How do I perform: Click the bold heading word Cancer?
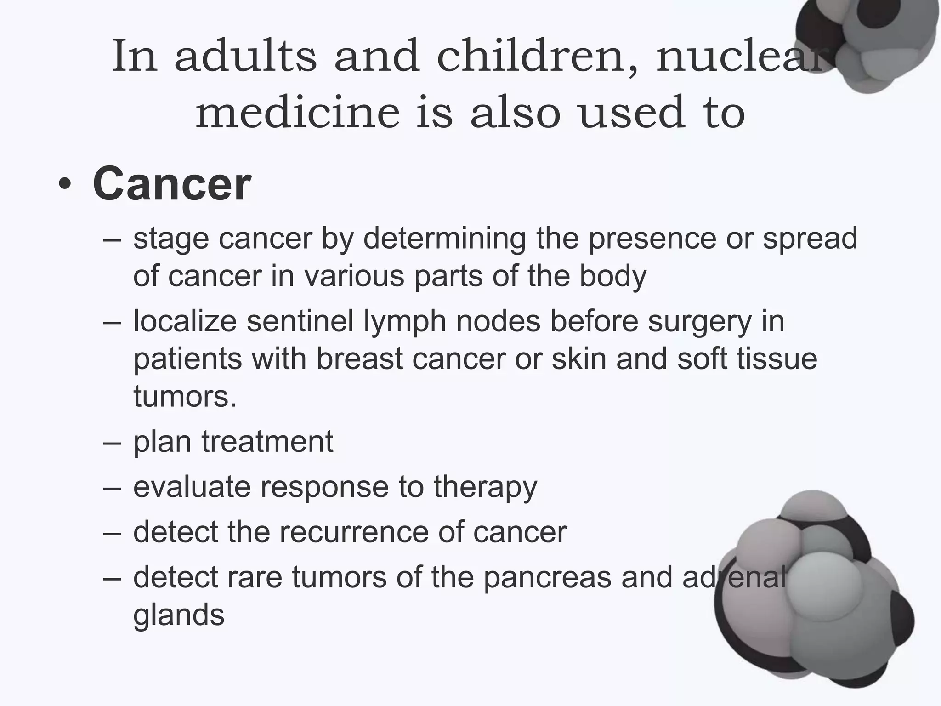tap(171, 185)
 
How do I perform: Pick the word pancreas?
tap(547, 578)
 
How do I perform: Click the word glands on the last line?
tap(179, 616)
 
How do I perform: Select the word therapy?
tap(485, 488)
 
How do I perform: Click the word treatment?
tap(267, 442)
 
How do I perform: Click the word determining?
tap(445, 239)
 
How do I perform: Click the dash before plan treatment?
tap(112, 442)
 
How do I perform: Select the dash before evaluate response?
tap(112, 487)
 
